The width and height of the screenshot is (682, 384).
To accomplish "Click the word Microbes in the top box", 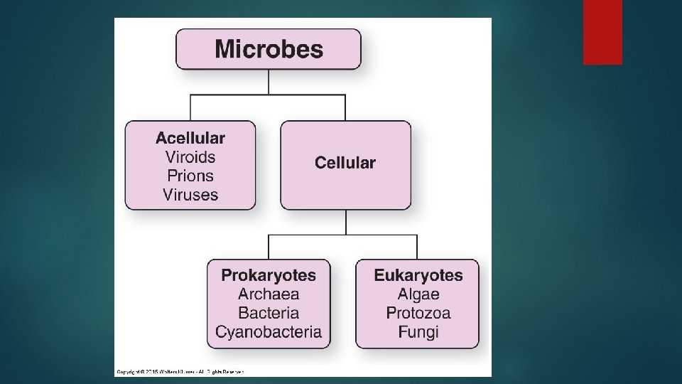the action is (x=269, y=50).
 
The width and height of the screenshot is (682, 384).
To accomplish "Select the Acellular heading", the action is (x=190, y=138).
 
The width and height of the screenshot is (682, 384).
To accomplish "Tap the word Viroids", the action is (x=190, y=156).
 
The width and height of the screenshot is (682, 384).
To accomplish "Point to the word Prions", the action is (x=190, y=175).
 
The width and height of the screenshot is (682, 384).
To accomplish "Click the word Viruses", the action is (x=190, y=193).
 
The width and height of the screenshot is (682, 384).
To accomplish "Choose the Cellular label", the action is (x=345, y=163).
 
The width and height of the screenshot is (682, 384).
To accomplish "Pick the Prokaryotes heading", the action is (x=269, y=275).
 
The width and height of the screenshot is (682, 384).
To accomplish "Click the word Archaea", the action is (x=269, y=294).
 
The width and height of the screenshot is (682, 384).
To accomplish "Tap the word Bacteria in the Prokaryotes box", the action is (x=269, y=313).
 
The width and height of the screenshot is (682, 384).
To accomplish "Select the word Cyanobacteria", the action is (x=269, y=331).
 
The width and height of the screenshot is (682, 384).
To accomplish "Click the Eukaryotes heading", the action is (x=418, y=275).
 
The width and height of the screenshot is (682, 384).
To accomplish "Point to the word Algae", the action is (x=418, y=294).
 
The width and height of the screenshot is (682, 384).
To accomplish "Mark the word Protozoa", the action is (x=418, y=313).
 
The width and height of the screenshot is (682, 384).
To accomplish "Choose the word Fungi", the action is (x=418, y=331).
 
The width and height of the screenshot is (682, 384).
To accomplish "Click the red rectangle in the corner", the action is (x=602, y=32).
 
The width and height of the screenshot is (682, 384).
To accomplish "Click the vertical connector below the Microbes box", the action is (x=269, y=82).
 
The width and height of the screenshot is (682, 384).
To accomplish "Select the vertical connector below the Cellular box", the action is (x=346, y=222).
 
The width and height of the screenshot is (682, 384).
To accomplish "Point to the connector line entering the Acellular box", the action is (x=190, y=108).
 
